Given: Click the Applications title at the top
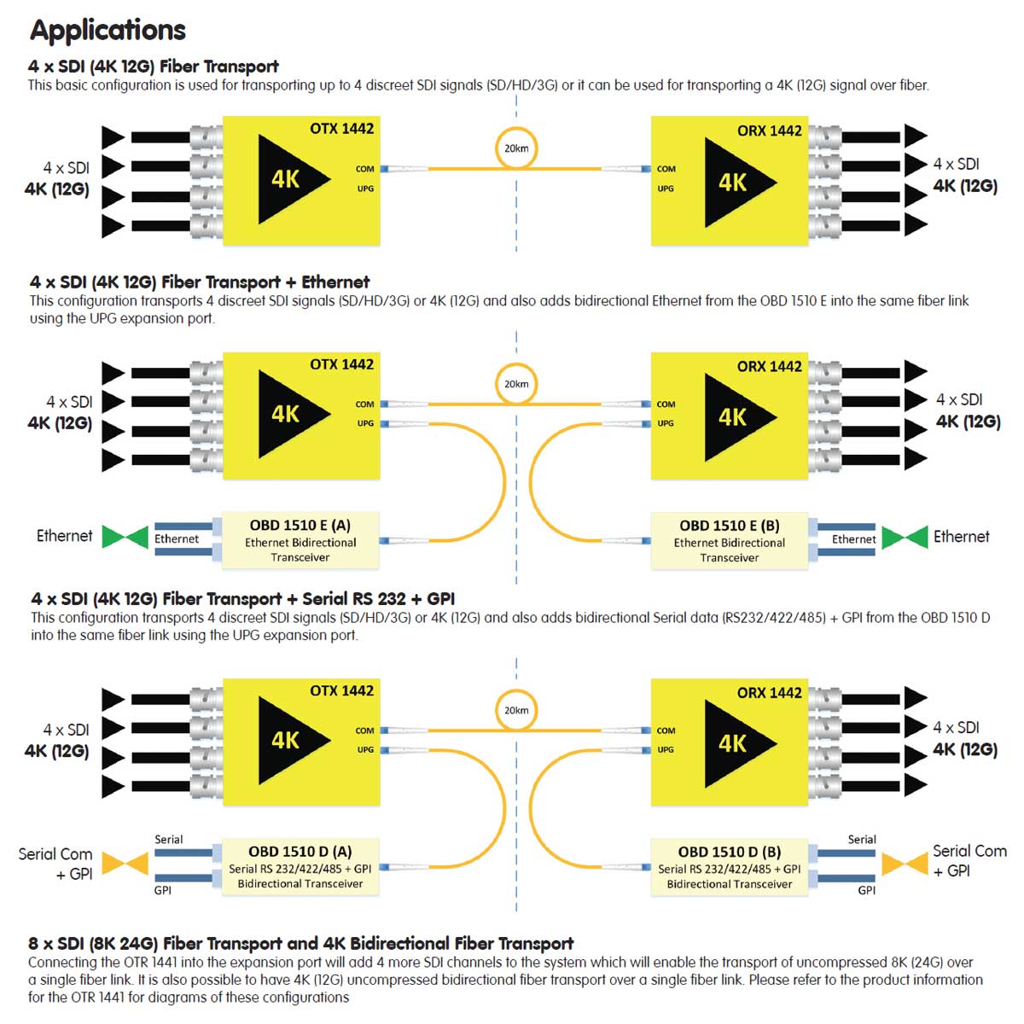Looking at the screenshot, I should coord(108,31).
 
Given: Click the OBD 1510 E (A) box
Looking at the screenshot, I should coord(300,540).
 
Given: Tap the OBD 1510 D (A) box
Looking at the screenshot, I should coord(300,866).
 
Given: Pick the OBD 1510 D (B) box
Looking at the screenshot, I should coord(729,867).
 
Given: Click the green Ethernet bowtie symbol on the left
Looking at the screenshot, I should coord(125,537).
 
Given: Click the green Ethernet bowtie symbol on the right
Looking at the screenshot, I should coord(904,538).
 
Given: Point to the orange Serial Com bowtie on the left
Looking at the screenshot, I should coord(125,864).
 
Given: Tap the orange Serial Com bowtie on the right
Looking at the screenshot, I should coord(904,864).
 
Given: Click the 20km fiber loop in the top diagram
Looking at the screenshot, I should coord(515,148).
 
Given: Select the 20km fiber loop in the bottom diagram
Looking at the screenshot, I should coord(515,710).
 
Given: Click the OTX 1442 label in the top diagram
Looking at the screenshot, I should coord(341,129).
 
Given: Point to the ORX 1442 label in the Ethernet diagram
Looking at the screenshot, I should coord(769,366).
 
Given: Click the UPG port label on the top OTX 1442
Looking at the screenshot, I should coord(365,189).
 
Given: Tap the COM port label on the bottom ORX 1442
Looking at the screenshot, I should coord(666,730).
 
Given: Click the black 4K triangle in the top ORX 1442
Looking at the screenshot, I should coord(734,183).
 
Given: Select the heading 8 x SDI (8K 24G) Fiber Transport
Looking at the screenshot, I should coord(300,943).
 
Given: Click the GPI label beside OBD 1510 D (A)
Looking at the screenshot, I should coord(162,890).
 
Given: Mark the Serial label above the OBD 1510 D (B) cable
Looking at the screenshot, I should coord(861,840).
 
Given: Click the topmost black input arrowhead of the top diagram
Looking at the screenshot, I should coord(113,137).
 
